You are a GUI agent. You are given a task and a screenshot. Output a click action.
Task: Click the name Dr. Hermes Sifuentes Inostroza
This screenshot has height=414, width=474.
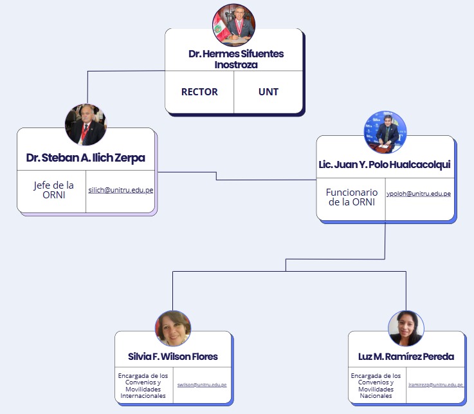point(235,59)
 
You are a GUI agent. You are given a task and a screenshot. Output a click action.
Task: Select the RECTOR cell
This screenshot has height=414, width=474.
point(199,91)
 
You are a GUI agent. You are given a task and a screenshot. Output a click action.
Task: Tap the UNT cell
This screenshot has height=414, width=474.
point(268,91)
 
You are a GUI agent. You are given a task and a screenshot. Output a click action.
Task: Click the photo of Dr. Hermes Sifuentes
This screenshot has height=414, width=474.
point(233,25)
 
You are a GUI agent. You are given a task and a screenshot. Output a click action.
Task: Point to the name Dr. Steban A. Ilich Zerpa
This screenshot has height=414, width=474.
point(86,158)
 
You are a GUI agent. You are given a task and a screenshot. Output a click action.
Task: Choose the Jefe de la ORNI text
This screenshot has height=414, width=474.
point(53,191)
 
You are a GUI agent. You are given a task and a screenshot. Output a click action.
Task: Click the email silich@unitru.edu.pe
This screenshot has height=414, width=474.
point(120,191)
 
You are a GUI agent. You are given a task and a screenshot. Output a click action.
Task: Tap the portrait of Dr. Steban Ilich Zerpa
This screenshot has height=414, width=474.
point(86,124)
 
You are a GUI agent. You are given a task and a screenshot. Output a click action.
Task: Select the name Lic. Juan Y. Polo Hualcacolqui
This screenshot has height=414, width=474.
point(385,164)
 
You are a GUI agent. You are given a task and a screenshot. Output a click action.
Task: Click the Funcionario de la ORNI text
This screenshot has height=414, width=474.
point(351,197)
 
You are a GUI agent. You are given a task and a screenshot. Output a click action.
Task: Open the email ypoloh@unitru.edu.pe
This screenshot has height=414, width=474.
point(418,194)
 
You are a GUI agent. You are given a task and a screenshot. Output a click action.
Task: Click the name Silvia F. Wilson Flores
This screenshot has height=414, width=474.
point(173,357)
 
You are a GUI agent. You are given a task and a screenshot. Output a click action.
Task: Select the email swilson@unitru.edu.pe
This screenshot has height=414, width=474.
point(202,385)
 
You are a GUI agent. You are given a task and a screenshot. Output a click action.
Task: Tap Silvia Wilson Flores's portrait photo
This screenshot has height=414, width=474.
point(173,328)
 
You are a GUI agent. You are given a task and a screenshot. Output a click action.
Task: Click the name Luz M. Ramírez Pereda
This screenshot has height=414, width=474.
point(406,357)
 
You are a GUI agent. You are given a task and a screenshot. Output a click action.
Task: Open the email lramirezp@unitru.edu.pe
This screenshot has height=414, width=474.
point(435,385)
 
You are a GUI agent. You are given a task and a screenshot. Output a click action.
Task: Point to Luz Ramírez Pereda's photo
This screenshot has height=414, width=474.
point(406,329)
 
